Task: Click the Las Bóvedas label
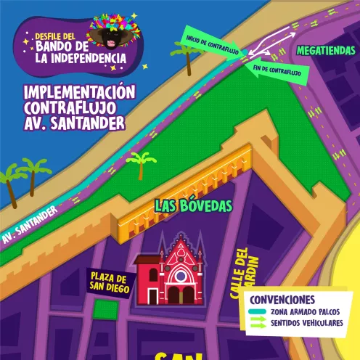click(x=192, y=206)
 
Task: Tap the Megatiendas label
click(x=326, y=52)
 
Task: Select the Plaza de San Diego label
click(x=110, y=284)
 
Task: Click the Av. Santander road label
click(x=29, y=226)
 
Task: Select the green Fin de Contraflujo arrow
click(x=278, y=71)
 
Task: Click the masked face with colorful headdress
click(x=112, y=33)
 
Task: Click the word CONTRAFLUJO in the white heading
click(x=69, y=108)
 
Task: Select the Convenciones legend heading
click(x=282, y=300)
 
